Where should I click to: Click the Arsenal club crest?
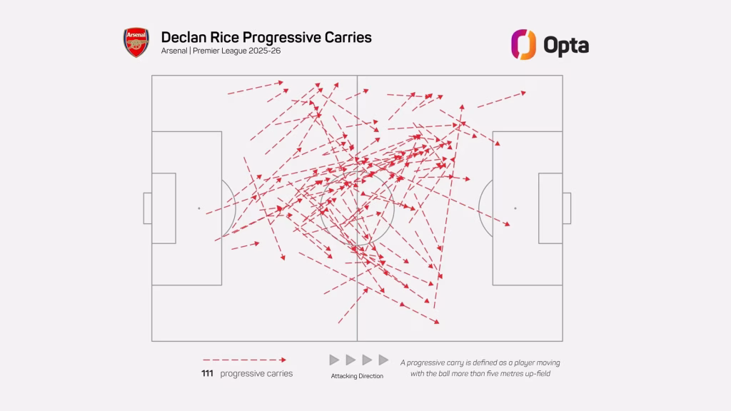[136, 43]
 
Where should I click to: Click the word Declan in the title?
[184, 37]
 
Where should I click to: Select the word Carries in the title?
[346, 37]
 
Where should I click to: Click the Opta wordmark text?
[566, 45]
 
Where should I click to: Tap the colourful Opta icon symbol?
[523, 44]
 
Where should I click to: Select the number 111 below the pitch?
[208, 374]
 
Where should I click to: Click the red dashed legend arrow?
[244, 360]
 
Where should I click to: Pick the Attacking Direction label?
[357, 376]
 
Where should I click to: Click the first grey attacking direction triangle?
[334, 360]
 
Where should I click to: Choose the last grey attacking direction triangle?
[383, 360]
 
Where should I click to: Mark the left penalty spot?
[199, 208]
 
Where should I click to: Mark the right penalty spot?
[515, 208]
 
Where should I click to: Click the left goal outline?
[147, 208]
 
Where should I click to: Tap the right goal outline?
[567, 208]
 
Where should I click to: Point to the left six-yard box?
[164, 208]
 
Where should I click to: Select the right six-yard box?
[550, 208]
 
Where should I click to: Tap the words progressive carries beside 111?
[256, 374]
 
